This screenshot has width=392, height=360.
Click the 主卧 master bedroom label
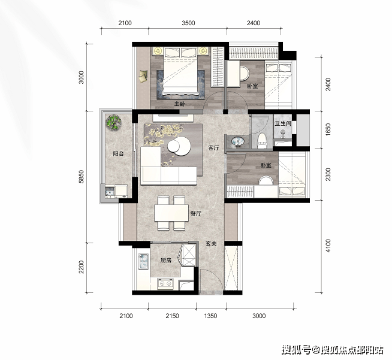(x=180, y=104)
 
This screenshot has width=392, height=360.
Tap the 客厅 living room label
(x=213, y=148)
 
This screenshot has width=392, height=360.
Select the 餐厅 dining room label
(x=196, y=214)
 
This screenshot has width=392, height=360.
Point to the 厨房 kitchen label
(x=166, y=261)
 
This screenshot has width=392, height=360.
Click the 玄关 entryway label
(x=211, y=244)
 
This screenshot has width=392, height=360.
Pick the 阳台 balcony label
(x=118, y=153)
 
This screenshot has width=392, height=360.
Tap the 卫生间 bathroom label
(x=283, y=123)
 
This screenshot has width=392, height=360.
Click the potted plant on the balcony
(x=113, y=122)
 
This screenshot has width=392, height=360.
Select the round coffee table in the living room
(x=179, y=146)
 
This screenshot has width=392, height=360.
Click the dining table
(x=171, y=213)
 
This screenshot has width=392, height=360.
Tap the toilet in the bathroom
(x=262, y=141)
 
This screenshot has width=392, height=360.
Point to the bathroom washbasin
(x=237, y=141)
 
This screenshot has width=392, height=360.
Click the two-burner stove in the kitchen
(x=165, y=283)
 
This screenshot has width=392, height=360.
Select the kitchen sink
(x=143, y=261)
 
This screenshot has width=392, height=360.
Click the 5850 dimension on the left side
(x=81, y=177)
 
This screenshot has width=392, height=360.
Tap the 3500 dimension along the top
(x=188, y=23)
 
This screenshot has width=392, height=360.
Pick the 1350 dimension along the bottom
(x=210, y=316)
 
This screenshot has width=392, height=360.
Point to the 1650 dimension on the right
(x=328, y=129)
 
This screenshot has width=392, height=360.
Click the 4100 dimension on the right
(x=328, y=246)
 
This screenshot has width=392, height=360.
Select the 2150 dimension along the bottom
(x=172, y=316)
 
